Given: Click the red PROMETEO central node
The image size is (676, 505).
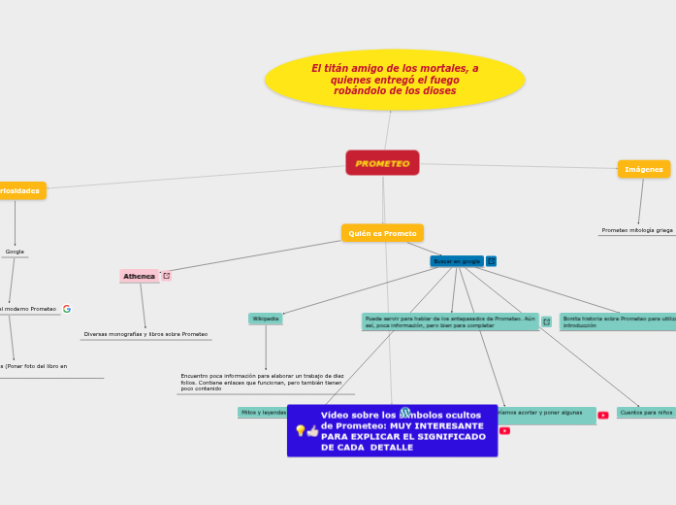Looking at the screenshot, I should pyautogui.click(x=382, y=163).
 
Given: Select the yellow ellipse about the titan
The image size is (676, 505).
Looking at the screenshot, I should pyautogui.click(x=395, y=80).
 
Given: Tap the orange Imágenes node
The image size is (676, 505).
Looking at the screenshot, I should pyautogui.click(x=643, y=169).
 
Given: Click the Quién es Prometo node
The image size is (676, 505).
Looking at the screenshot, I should pyautogui.click(x=382, y=233).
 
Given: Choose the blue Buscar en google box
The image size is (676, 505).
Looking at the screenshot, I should pyautogui.click(x=457, y=261).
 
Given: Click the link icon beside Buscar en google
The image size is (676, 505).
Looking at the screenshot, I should pyautogui.click(x=491, y=261).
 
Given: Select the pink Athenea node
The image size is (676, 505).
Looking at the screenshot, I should pyautogui.click(x=139, y=276).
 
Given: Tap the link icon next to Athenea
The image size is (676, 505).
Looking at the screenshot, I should pyautogui.click(x=167, y=276).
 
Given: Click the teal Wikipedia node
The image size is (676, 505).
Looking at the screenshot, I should pyautogui.click(x=266, y=319).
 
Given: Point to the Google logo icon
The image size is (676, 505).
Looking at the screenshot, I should pyautogui.click(x=67, y=309).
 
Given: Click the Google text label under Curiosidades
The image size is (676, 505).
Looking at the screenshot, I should pyautogui.click(x=15, y=252).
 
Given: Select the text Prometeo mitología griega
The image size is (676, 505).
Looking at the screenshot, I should pyautogui.click(x=637, y=230).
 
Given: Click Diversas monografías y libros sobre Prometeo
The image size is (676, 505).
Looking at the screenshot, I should pyautogui.click(x=145, y=334).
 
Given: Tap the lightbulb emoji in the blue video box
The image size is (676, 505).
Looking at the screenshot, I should pyautogui.click(x=301, y=430).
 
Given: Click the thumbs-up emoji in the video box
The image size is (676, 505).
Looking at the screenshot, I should pyautogui.click(x=312, y=430).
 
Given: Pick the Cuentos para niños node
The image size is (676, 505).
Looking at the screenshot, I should pyautogui.click(x=646, y=413).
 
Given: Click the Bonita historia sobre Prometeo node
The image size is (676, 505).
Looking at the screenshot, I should pyautogui.click(x=618, y=321).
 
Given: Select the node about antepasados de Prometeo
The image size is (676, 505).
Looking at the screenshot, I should pyautogui.click(x=450, y=321).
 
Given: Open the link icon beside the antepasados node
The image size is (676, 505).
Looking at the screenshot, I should pyautogui.click(x=547, y=321).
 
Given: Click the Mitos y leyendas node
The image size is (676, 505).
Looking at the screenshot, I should pyautogui.click(x=263, y=413).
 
